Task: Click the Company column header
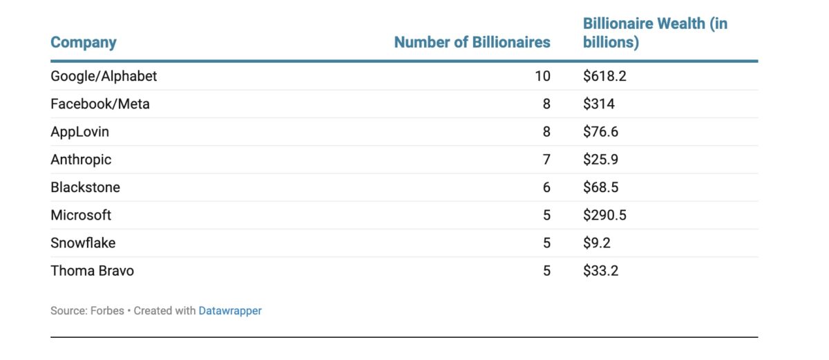click(x=83, y=42)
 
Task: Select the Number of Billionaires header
click(x=472, y=42)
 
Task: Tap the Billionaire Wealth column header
click(x=654, y=32)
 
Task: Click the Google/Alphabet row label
click(x=104, y=76)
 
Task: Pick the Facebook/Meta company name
click(x=99, y=104)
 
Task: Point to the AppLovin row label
click(x=79, y=132)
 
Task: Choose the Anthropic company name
click(x=81, y=160)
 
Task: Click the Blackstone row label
click(x=85, y=187)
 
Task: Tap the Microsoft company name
click(x=81, y=215)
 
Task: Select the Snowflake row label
click(x=83, y=243)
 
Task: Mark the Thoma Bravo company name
click(x=92, y=271)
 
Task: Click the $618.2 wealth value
click(x=604, y=76)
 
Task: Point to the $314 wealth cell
click(x=598, y=104)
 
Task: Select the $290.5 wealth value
click(x=604, y=215)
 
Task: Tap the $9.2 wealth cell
click(x=597, y=243)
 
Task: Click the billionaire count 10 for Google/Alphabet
click(x=542, y=76)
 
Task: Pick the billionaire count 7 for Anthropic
click(x=546, y=160)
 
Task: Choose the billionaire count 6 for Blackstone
click(x=546, y=187)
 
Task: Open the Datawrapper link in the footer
click(x=230, y=311)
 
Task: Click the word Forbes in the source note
click(x=107, y=311)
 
